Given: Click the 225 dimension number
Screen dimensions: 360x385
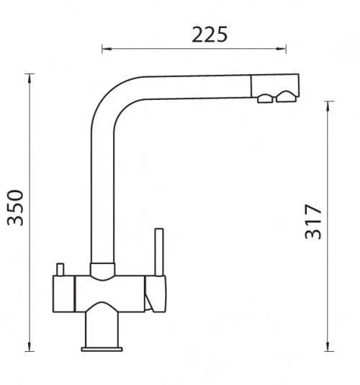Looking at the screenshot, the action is pos(210,35).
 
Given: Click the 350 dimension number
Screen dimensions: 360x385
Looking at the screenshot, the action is pos(16,207).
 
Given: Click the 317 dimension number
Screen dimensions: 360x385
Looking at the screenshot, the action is pos(313,222).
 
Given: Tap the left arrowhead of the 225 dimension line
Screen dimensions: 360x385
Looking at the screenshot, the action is pos(107,49).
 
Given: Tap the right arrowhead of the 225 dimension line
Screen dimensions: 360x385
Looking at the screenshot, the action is pos(281,49).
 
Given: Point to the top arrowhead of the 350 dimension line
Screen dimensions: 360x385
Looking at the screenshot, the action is pos(30,78).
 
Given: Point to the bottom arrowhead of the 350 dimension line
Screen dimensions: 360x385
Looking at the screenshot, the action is pos(30,346).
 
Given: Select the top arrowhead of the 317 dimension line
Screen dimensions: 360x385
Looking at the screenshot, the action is pos(328,106).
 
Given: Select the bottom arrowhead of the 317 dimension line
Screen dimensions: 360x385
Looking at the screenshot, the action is pos(328,346).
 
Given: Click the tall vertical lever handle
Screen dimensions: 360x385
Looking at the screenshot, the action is pos(159,253).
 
